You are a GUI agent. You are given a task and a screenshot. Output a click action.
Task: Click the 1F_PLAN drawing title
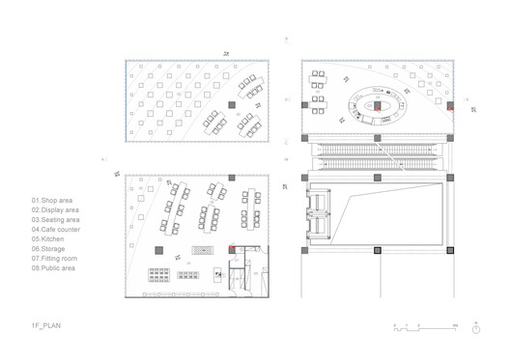[x=44, y=327]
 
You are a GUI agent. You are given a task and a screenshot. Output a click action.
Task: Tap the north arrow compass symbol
[x=475, y=329]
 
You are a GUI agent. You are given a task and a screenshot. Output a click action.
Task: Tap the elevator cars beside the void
[x=317, y=214]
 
